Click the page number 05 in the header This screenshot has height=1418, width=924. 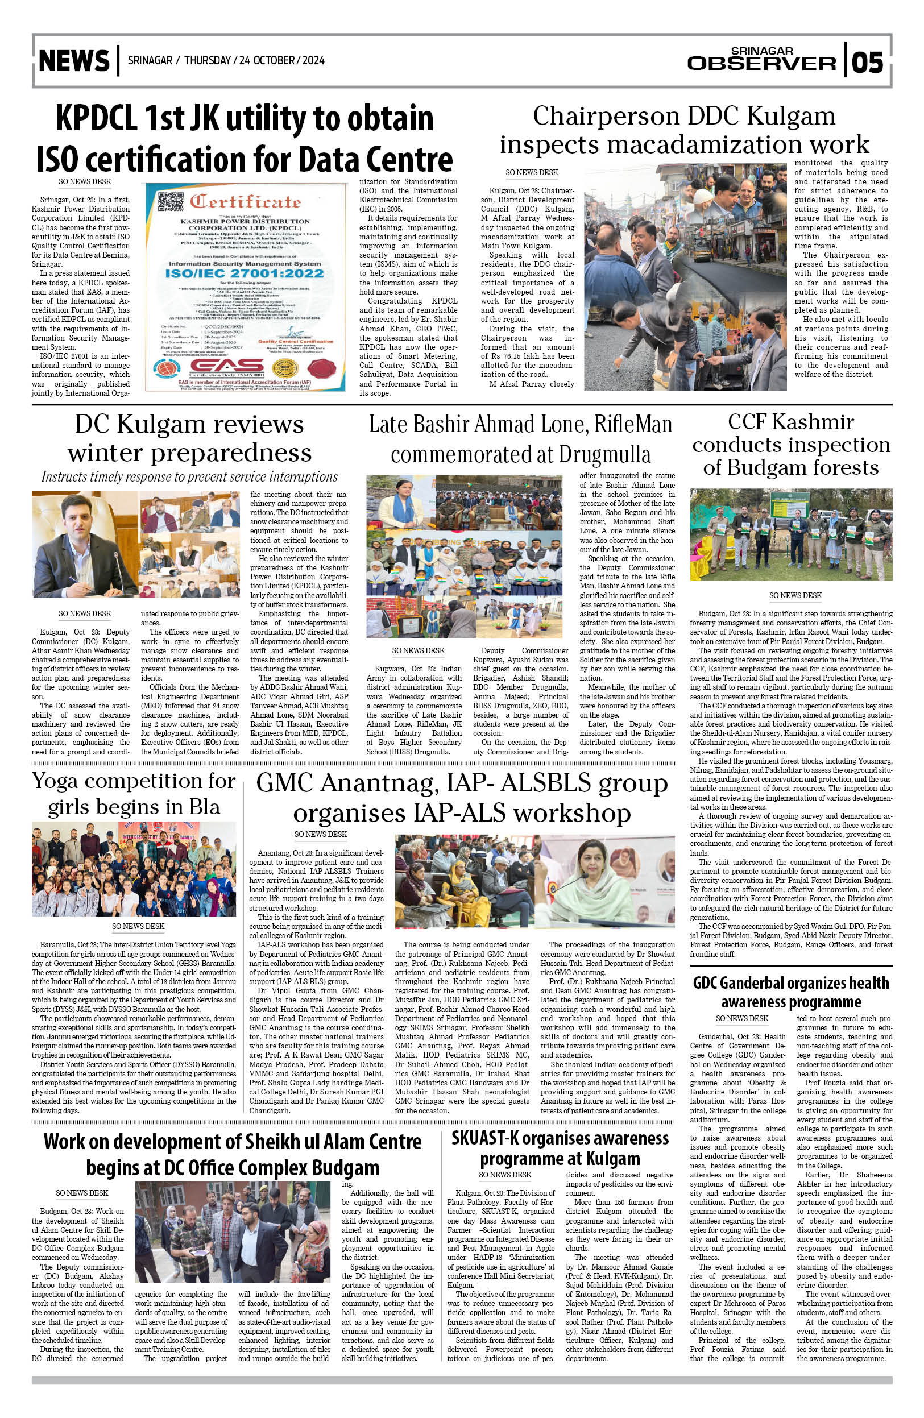[867, 61]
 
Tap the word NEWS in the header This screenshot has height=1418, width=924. [74, 61]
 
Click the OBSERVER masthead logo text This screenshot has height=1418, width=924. [761, 63]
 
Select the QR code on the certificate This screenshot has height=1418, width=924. [171, 202]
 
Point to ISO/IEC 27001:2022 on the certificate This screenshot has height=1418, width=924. [245, 273]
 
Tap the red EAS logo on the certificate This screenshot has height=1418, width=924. [227, 366]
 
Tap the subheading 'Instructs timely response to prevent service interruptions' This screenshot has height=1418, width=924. [189, 477]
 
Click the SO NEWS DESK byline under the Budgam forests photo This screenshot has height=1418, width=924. [795, 595]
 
